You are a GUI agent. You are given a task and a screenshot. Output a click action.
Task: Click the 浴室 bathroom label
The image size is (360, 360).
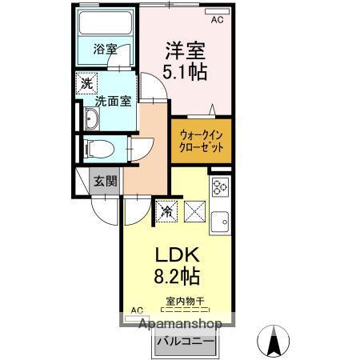[x=104, y=49]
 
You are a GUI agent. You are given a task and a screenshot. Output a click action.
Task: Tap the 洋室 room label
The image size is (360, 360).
[x=186, y=48]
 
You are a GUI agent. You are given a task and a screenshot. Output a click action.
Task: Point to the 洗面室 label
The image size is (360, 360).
[x=112, y=102]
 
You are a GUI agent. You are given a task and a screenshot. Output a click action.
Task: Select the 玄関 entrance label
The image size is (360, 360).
[x=100, y=181]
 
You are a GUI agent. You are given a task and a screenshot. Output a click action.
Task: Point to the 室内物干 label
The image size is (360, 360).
[x=186, y=302]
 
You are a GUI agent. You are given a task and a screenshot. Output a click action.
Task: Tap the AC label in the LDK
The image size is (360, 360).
[x=136, y=310]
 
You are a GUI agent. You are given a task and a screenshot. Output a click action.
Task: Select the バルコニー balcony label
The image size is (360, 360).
[x=185, y=342]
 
